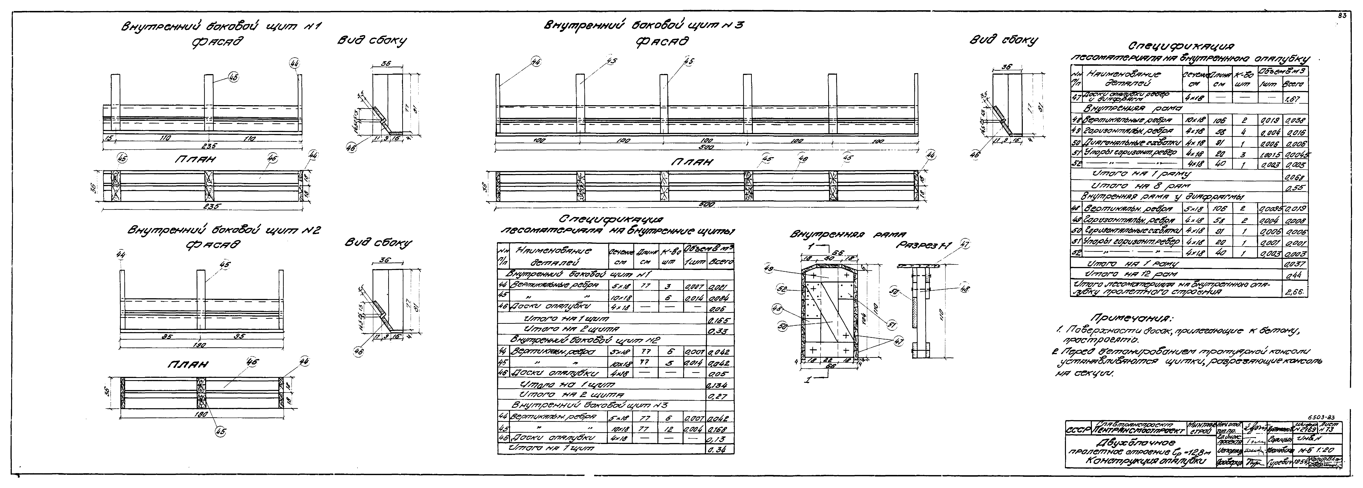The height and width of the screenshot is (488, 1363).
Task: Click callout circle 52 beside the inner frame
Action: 780,289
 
